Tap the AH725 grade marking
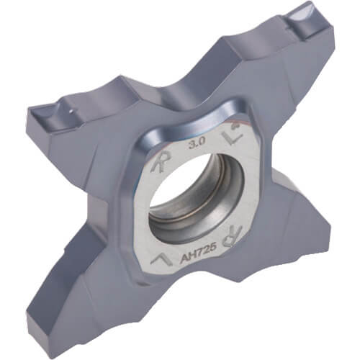[x=199, y=251]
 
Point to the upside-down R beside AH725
[x=233, y=235]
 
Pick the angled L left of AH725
[x=161, y=260]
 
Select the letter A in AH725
[x=184, y=258]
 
